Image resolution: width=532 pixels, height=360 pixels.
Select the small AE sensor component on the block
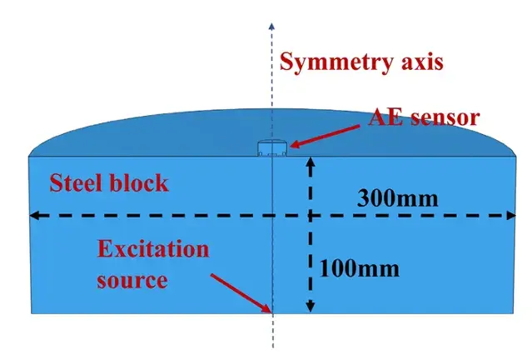271,148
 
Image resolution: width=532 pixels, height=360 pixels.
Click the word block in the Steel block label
140,182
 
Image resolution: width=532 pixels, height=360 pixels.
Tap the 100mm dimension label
360,268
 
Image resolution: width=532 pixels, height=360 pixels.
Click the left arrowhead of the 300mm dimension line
35,216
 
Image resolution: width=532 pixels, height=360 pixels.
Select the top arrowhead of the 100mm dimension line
311,162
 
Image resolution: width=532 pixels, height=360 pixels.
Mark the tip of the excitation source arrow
269,310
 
